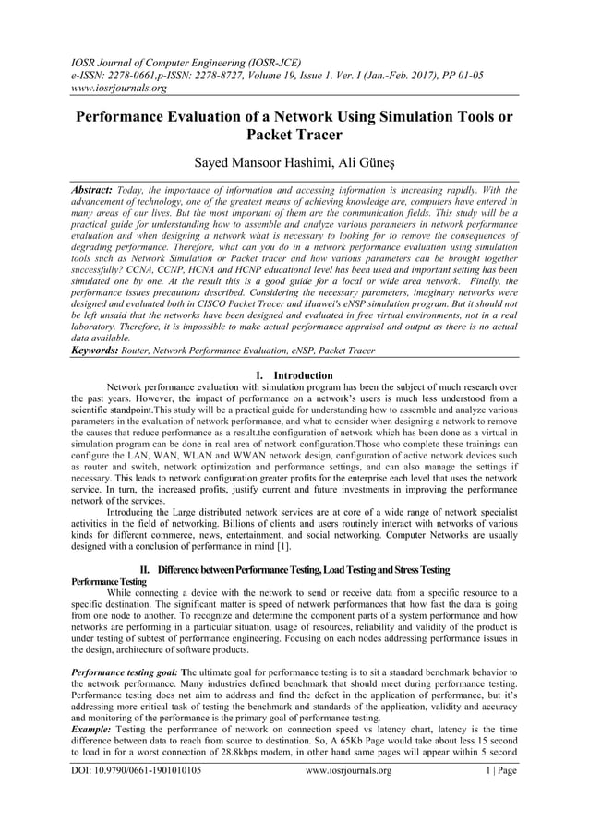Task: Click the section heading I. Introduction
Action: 294,375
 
